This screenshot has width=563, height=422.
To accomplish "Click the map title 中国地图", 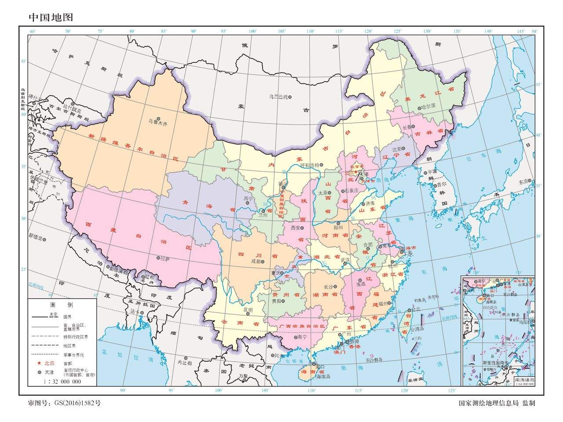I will click(x=51, y=17).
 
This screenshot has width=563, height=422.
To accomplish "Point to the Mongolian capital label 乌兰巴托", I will click(x=278, y=97).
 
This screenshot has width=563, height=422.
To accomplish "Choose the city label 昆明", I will click(x=248, y=310).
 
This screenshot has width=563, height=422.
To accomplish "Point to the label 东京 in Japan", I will click(x=523, y=181).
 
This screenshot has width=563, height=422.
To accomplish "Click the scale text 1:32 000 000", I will click(x=62, y=382).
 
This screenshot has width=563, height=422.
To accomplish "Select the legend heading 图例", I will click(x=62, y=305).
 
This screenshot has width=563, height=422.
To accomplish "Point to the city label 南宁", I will click(x=301, y=337).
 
